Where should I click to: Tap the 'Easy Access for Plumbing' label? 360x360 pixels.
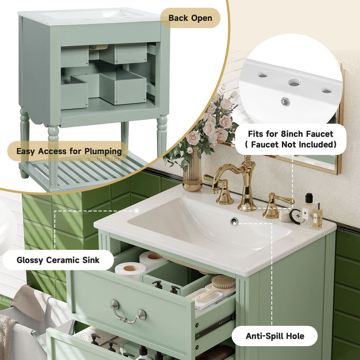68,151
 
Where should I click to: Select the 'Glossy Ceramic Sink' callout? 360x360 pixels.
58,260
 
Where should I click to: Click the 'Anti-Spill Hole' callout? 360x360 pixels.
274,336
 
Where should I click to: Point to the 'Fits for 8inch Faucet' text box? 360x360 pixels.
291,139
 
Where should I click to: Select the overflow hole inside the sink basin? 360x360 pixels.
234,221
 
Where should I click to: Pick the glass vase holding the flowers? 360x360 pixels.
192,175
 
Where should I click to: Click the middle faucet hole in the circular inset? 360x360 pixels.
294,82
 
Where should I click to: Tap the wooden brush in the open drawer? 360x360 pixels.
222,283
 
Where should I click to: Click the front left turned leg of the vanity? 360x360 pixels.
53,154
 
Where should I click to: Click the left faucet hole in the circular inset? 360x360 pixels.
262,75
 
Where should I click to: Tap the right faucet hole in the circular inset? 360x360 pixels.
326,90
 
